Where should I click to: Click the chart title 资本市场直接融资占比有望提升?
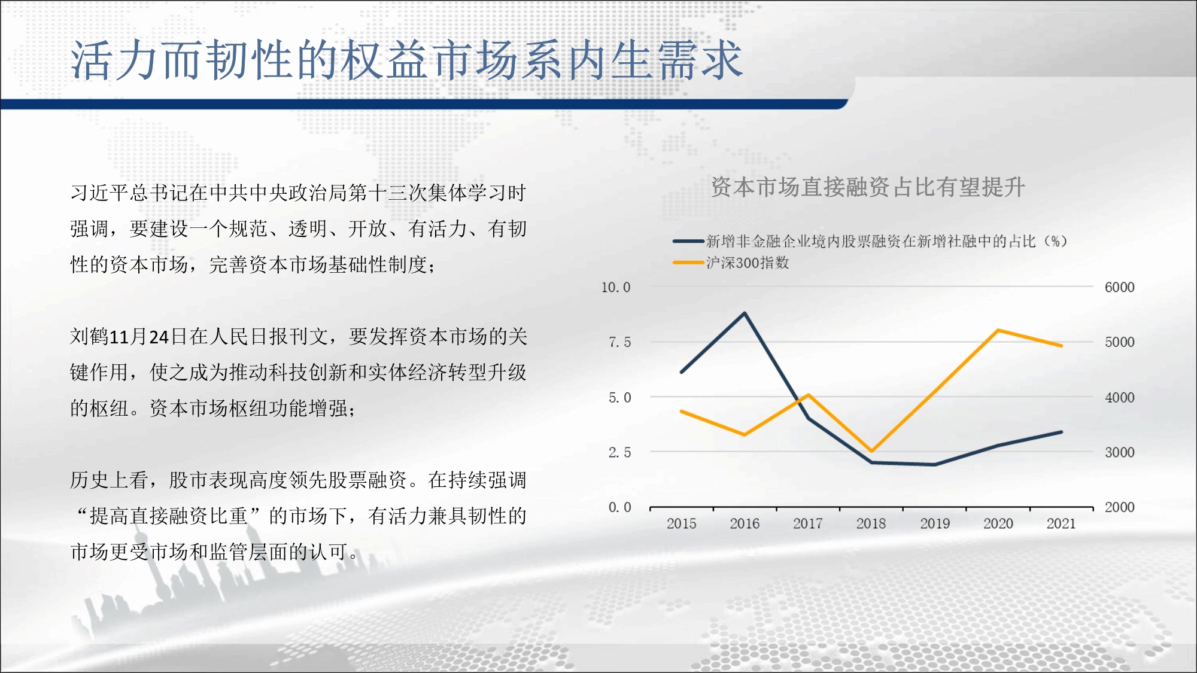point(868,187)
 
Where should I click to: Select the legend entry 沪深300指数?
point(748,263)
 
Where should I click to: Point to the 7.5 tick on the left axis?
point(619,342)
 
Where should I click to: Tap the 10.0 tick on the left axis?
point(616,287)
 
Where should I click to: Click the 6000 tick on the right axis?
point(1119,287)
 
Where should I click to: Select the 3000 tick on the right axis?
point(1119,452)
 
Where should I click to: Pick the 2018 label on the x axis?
point(871,523)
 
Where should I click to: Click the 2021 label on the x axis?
point(1061,523)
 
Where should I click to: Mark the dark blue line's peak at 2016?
point(745,313)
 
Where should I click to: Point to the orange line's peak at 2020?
point(998,330)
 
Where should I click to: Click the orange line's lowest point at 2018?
point(871,450)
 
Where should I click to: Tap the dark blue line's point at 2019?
point(935,464)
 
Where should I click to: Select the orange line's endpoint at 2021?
point(1061,346)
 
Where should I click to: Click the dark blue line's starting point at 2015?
point(682,372)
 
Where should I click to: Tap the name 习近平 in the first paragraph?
point(100,193)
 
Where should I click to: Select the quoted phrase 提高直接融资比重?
point(169,516)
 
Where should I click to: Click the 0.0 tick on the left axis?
point(619,507)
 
